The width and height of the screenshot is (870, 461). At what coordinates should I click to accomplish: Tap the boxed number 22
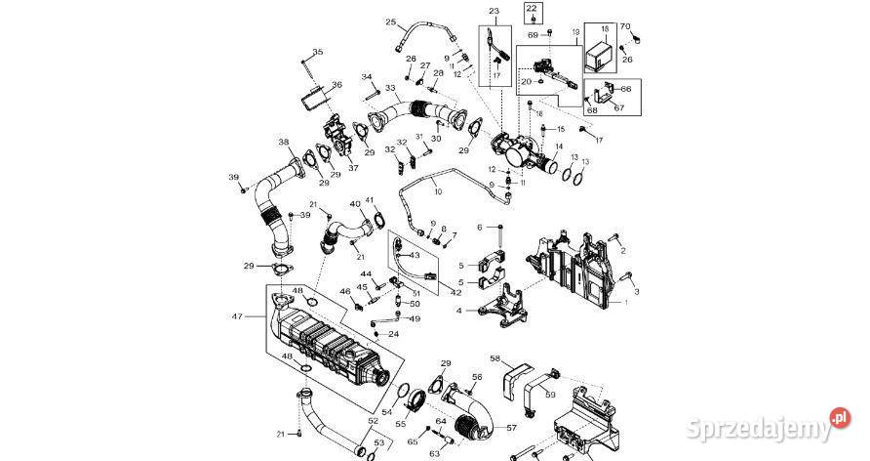(x=532, y=11)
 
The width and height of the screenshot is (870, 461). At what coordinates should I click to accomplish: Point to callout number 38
(x=283, y=141)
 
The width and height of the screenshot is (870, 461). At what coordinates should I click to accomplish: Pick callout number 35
(x=317, y=51)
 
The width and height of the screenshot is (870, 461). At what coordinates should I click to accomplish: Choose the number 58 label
(x=494, y=359)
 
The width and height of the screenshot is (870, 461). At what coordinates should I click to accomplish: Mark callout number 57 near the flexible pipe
(x=511, y=428)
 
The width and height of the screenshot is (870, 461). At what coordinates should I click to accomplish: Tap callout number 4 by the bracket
(x=457, y=312)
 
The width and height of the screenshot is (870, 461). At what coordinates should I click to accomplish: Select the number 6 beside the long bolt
(x=480, y=228)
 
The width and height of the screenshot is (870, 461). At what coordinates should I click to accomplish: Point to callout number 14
(x=559, y=147)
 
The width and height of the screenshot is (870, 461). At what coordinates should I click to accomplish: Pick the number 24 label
(x=393, y=334)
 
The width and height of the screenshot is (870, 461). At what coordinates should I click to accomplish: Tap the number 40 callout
(x=355, y=204)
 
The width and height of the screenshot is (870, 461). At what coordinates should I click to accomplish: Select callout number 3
(x=636, y=291)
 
